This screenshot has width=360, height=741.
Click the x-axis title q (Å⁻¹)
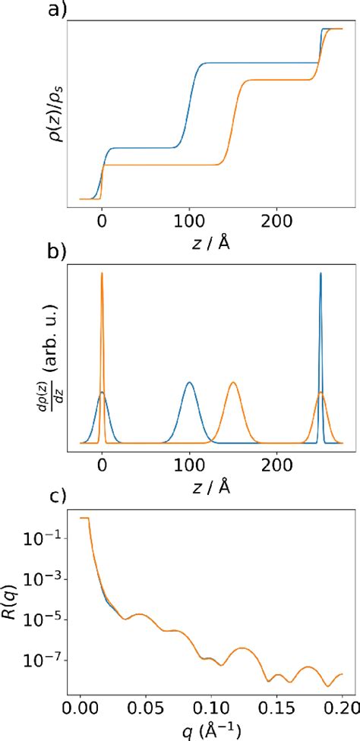[x=210, y=730]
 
